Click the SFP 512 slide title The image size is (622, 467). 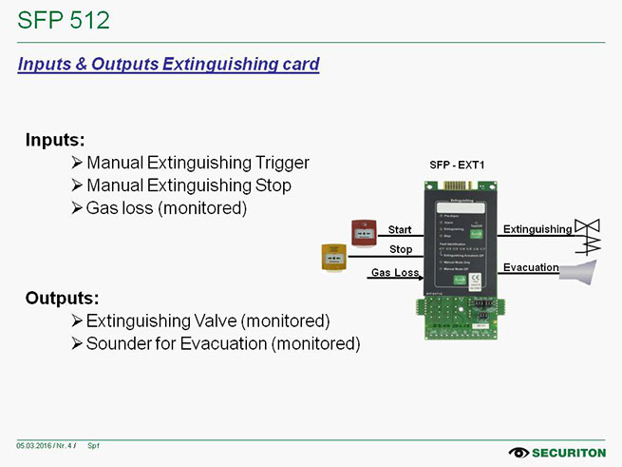pyautogui.click(x=64, y=20)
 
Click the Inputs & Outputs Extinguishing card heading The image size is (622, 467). pyautogui.click(x=169, y=65)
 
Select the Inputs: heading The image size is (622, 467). pyautogui.click(x=56, y=140)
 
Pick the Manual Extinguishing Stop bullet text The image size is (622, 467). pyautogui.click(x=188, y=185)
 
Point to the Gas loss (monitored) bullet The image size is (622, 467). pyautogui.click(x=166, y=207)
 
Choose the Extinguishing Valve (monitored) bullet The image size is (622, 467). pyautogui.click(x=207, y=321)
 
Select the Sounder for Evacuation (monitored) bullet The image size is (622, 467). pyautogui.click(x=222, y=343)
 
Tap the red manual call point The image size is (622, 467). pyautogui.click(x=361, y=232)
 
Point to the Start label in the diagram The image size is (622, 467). pyautogui.click(x=400, y=230)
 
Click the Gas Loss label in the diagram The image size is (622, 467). pyautogui.click(x=395, y=273)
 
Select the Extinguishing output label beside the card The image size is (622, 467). pyautogui.click(x=537, y=229)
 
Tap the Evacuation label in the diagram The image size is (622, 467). pyautogui.click(x=530, y=267)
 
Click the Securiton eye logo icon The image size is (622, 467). pyautogui.click(x=519, y=452)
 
